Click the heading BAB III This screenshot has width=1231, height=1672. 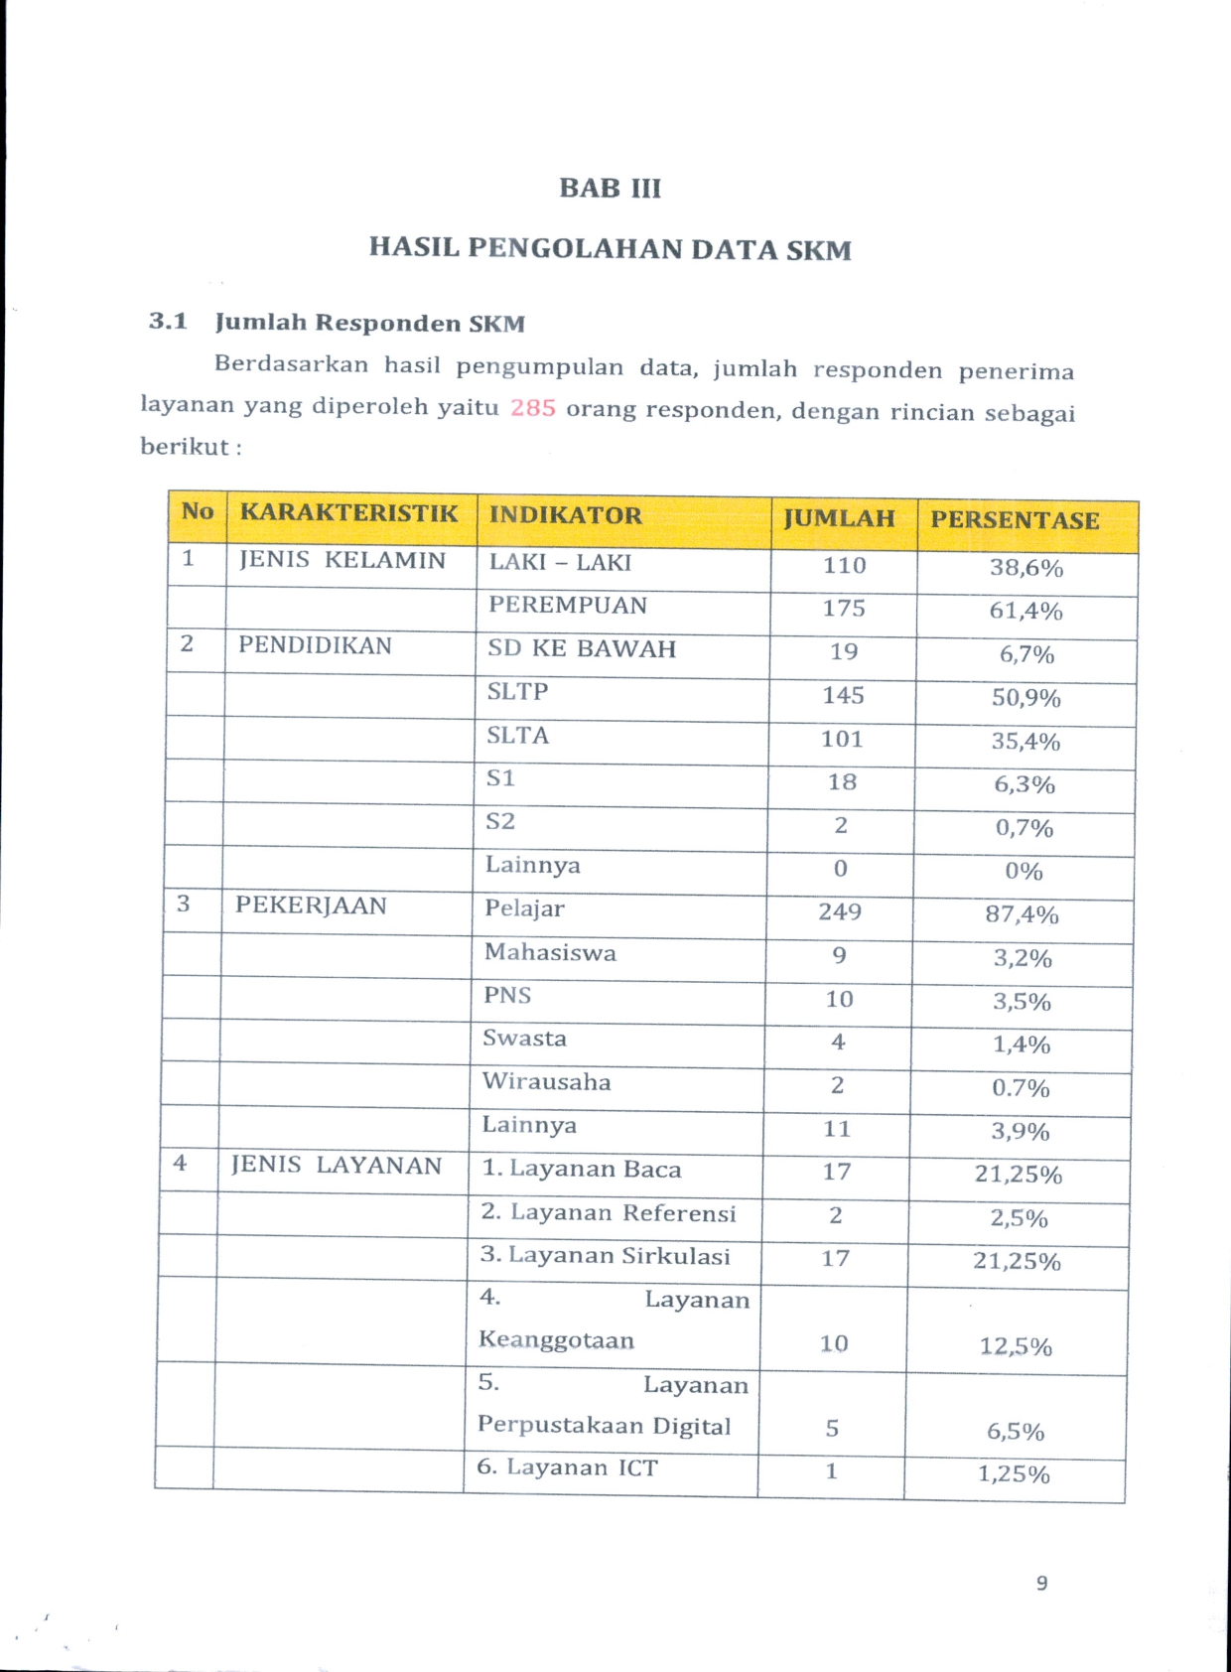(610, 189)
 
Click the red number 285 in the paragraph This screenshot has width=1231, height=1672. (533, 408)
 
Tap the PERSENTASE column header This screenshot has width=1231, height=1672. (1015, 520)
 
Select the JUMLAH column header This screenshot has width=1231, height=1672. (839, 518)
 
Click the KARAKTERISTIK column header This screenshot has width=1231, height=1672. (349, 513)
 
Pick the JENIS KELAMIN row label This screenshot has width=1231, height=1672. (342, 560)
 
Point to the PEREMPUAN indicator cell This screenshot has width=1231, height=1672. (568, 606)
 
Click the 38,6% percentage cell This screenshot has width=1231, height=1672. (1026, 569)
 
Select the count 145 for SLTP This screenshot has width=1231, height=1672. (843, 696)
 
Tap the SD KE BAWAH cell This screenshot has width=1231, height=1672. (582, 649)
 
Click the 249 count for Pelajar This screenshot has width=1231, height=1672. (840, 912)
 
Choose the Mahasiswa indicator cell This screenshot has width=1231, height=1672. (550, 953)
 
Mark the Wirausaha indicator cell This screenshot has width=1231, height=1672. (547, 1082)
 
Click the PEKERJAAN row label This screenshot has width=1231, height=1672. (311, 906)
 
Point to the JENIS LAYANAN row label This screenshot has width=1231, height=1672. (337, 1166)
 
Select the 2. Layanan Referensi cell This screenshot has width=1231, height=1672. (609, 1213)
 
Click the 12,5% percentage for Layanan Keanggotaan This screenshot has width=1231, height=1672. (1016, 1346)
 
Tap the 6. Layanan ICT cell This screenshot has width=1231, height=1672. (568, 1467)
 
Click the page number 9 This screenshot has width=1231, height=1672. (1041, 1583)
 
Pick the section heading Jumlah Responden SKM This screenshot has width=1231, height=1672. (369, 324)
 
